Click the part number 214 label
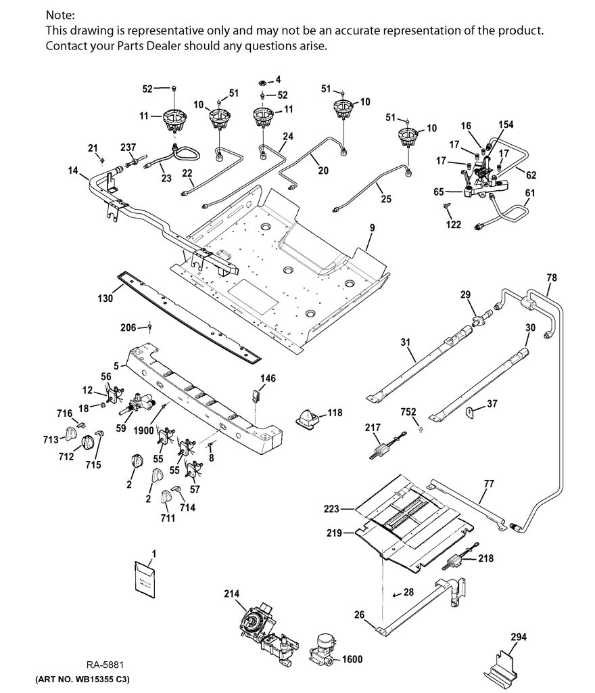[x=231, y=594]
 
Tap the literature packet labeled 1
[x=145, y=579]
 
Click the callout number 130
[x=105, y=298]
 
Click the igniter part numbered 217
[x=385, y=448]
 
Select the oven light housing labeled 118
[x=309, y=417]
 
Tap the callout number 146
[x=268, y=378]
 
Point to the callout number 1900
[x=143, y=430]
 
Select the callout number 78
[x=552, y=277]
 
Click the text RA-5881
[x=105, y=665]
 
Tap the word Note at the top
[x=60, y=15]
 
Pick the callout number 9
[x=373, y=227]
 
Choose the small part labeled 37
[x=470, y=413]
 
